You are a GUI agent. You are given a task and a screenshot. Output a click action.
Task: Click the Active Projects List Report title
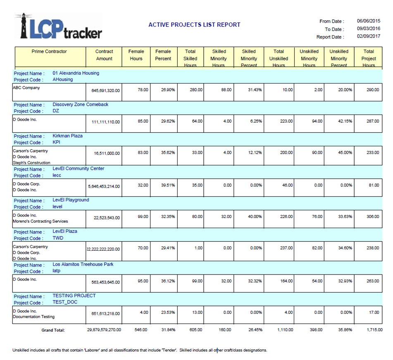pos(194,25)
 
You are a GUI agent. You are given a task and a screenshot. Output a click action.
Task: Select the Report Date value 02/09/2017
pos(369,37)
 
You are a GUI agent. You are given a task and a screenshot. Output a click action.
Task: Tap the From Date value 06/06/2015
pos(369,21)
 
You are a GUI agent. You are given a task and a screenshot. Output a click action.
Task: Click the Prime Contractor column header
pos(49,52)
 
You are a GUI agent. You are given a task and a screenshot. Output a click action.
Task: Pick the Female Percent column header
pos(163,55)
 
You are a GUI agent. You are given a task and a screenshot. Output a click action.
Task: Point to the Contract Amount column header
pos(104,55)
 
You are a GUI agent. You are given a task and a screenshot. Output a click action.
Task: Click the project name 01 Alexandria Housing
pos(76,73)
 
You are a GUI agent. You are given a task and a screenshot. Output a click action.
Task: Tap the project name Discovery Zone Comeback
pos(81,105)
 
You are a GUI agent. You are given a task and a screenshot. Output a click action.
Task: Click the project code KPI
pos(57,142)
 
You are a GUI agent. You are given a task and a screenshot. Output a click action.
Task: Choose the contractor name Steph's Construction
pos(31,163)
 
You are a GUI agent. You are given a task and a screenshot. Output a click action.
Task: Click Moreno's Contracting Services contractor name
pos(40,221)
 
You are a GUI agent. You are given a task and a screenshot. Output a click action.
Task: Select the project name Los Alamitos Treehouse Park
pos(83,264)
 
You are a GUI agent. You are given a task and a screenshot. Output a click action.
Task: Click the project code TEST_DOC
pos(65,302)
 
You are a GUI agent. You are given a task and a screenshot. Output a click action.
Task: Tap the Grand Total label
pos(53,330)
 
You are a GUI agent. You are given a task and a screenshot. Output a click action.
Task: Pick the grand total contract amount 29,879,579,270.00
pos(104,330)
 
